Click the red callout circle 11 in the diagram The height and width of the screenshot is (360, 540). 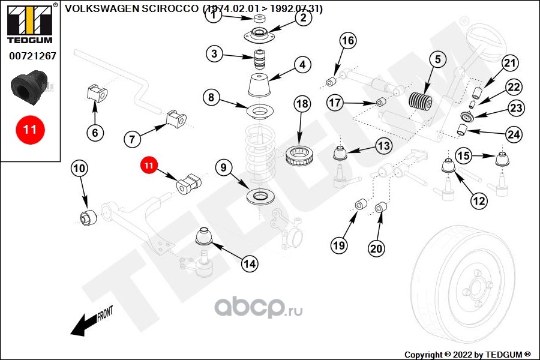click(x=149, y=165)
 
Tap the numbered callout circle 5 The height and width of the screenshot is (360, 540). click(x=437, y=59)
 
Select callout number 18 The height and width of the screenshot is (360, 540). click(x=302, y=103)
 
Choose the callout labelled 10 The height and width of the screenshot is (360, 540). click(x=79, y=169)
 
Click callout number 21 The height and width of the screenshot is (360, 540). click(x=509, y=64)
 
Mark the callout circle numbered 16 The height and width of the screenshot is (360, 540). click(x=348, y=41)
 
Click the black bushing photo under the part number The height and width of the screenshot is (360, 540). click(x=29, y=88)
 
